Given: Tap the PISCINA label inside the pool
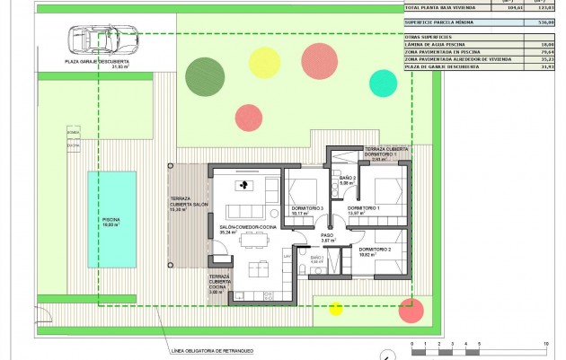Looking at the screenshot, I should (x=111, y=222).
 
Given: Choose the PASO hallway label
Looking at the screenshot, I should (x=328, y=236).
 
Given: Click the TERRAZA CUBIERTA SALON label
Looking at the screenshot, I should (x=188, y=204).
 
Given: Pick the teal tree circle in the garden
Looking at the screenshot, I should (x=383, y=83).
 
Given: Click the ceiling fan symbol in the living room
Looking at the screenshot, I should (x=242, y=186).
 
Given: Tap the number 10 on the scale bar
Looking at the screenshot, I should (x=547, y=344).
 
